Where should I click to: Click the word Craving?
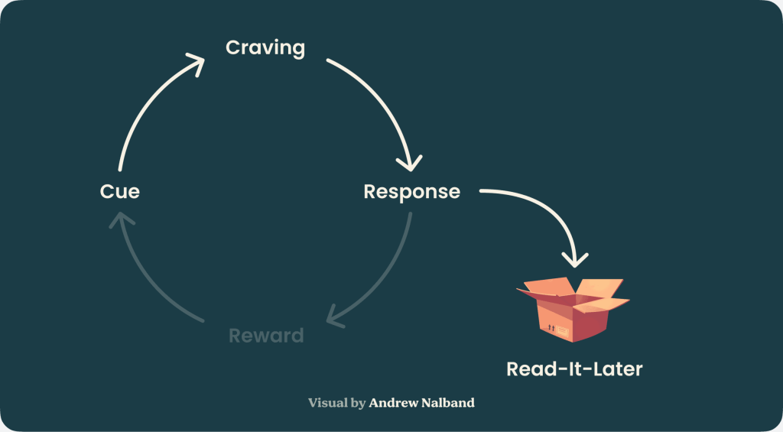[265, 48]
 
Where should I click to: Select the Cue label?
[120, 191]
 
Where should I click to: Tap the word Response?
[411, 191]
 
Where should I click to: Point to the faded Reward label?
[266, 336]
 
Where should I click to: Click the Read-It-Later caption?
[574, 369]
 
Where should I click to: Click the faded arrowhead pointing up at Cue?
[121, 221]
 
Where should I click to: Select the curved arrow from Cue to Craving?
[145, 107]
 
